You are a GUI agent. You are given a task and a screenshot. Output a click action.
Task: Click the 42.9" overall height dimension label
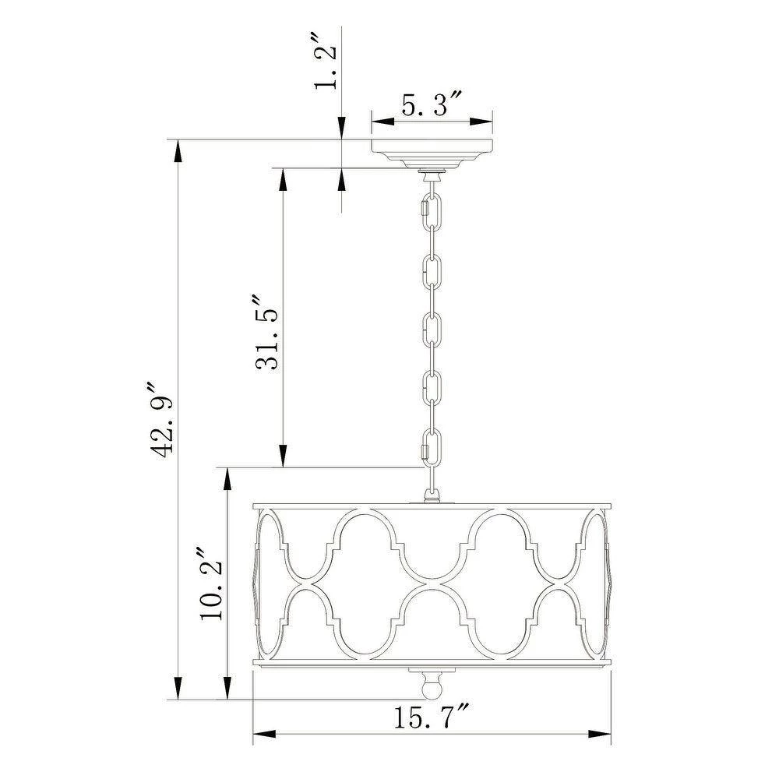(x=162, y=420)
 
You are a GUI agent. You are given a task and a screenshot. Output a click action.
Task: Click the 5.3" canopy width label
(x=432, y=106)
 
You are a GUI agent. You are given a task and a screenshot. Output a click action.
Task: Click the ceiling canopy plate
(x=432, y=153)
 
